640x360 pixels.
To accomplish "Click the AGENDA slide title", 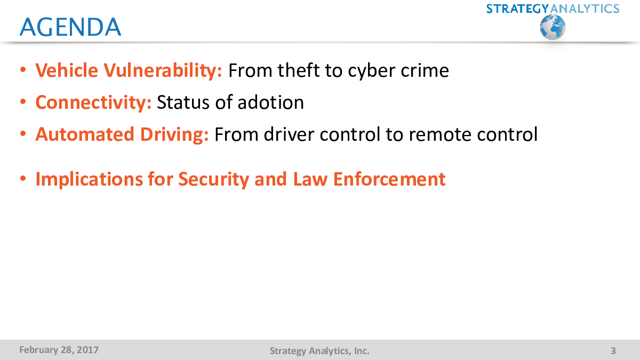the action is (x=70, y=27).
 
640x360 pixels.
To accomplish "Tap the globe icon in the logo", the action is (x=553, y=27).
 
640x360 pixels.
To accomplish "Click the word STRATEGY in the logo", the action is (x=518, y=9).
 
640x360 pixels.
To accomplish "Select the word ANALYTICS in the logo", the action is (x=585, y=9).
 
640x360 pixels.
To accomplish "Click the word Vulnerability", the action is (x=163, y=70).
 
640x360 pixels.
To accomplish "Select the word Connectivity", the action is (x=93, y=102).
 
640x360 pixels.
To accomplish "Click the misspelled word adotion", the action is (x=270, y=102).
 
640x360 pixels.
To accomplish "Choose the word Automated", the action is (x=85, y=134).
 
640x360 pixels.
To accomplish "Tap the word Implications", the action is (x=89, y=180).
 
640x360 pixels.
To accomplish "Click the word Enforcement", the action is (x=389, y=179).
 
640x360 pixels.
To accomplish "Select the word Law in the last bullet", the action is (x=310, y=179).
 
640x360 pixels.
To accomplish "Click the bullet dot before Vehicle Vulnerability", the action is (x=23, y=70).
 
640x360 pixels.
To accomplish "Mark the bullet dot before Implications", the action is (x=23, y=179).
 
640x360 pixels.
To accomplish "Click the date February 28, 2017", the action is (x=59, y=350).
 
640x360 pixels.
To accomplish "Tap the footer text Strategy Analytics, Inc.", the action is (x=319, y=351).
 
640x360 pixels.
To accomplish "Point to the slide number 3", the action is (x=613, y=351).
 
